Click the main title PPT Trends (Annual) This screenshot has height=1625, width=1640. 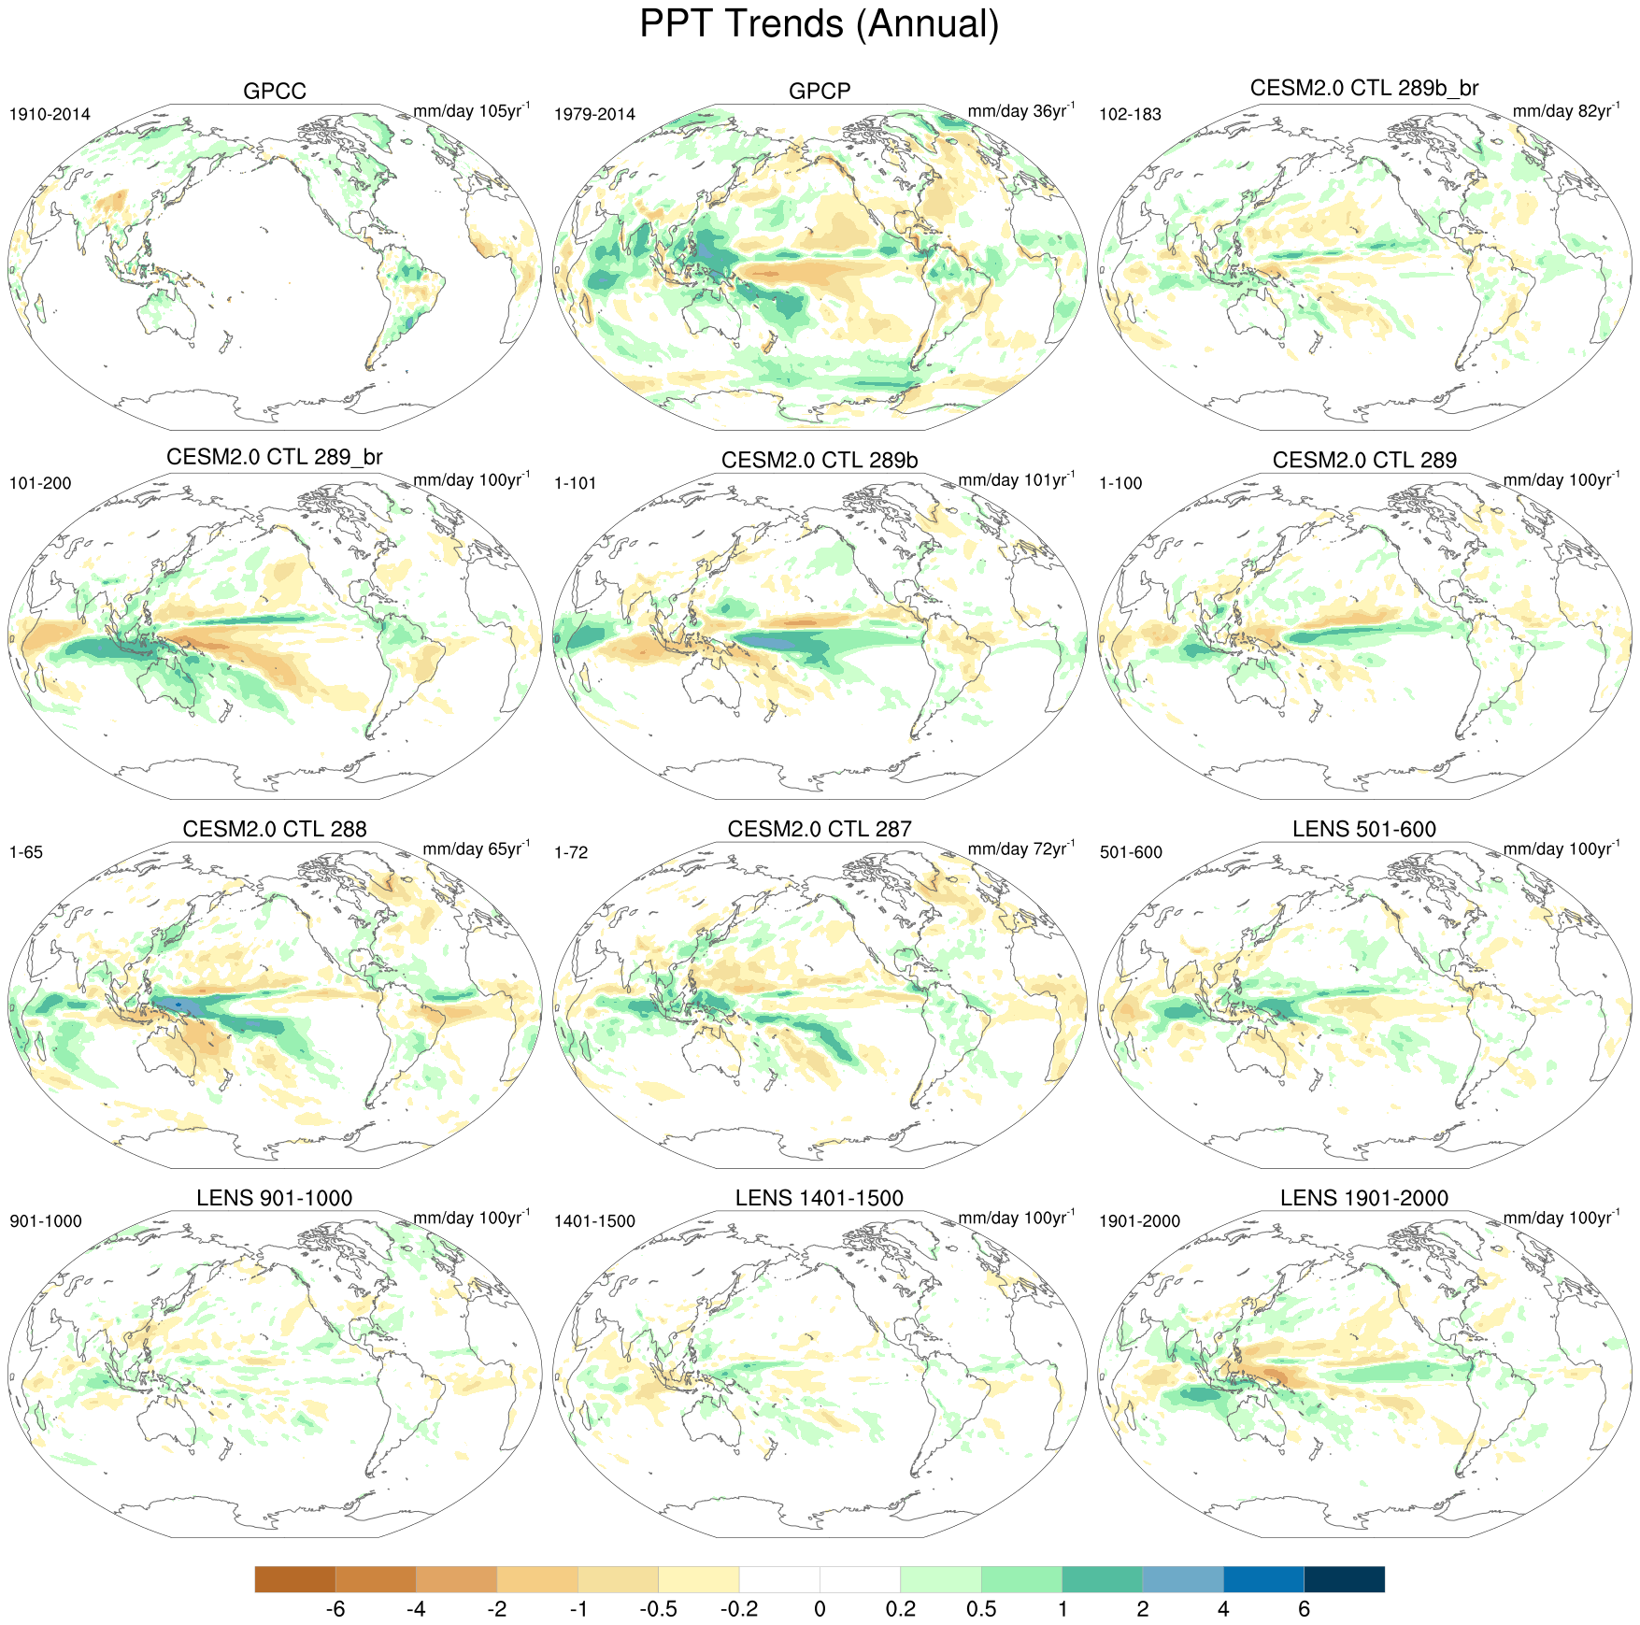(x=819, y=25)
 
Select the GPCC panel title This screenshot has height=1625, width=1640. (x=275, y=92)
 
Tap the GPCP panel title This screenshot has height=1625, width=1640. (x=820, y=92)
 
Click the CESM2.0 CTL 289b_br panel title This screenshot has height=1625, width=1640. (x=1364, y=88)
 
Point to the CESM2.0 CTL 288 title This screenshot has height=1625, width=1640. (x=275, y=830)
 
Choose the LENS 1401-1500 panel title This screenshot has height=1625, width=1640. (x=820, y=1199)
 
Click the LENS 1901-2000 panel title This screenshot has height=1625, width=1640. (x=1364, y=1199)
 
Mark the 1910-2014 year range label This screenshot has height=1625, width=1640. (x=50, y=115)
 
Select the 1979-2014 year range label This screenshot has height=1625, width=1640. (x=594, y=115)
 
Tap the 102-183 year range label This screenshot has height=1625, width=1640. (x=1130, y=115)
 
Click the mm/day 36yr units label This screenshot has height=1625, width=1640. (x=1020, y=111)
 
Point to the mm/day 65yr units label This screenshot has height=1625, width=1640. (x=476, y=849)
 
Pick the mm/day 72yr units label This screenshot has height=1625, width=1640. (x=1020, y=849)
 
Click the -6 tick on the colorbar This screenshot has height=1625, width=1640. (x=335, y=1609)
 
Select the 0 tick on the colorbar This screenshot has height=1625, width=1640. (x=820, y=1609)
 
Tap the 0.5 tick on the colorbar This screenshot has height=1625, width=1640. (x=981, y=1609)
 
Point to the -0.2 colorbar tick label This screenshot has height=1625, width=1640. (x=738, y=1609)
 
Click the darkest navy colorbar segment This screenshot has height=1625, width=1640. (x=1344, y=1579)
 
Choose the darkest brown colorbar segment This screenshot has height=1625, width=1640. (x=294, y=1579)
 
